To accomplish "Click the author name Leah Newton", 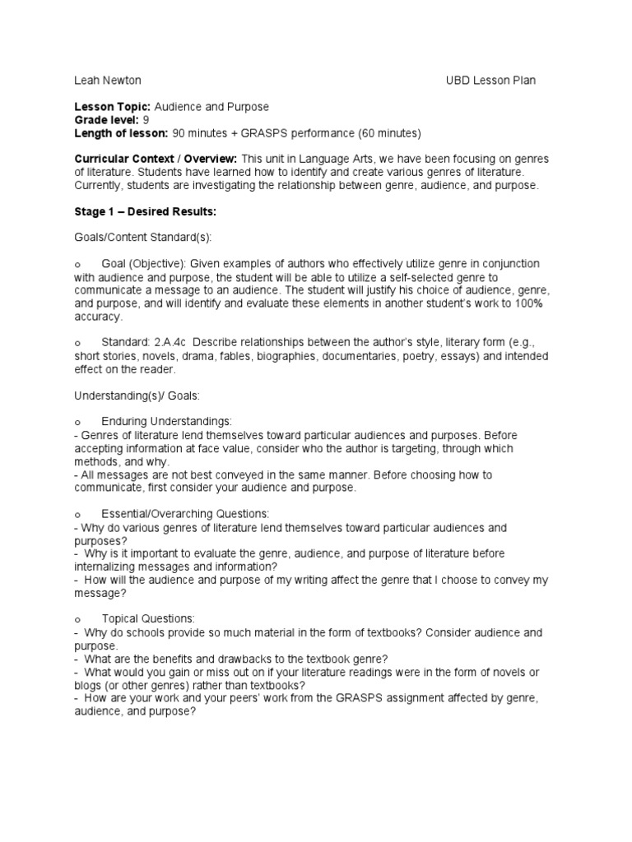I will point(108,81).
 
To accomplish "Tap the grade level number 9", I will point(146,120).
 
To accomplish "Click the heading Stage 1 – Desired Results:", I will point(146,212).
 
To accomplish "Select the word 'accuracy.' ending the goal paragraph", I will point(99,317).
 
